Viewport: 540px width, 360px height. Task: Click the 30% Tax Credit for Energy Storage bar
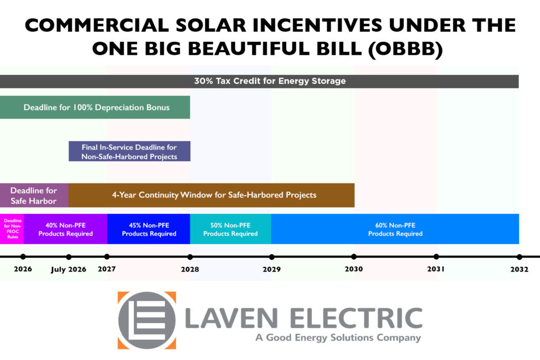(269, 81)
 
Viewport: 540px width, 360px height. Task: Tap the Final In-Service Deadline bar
(129, 151)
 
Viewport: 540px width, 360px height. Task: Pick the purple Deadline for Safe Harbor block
(34, 195)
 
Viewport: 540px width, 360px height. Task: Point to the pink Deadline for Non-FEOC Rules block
(12, 229)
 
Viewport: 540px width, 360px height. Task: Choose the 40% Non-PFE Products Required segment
(65, 229)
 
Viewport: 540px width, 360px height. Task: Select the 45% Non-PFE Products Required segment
(149, 229)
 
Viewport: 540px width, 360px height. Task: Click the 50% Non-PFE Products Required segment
(230, 229)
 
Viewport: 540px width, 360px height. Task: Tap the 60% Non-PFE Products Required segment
(395, 229)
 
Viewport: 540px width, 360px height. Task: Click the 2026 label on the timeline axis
(23, 269)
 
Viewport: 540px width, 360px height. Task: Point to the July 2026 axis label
(69, 269)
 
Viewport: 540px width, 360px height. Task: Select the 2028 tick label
(190, 269)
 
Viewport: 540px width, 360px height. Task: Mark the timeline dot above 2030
(354, 257)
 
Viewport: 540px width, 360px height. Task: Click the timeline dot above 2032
(519, 257)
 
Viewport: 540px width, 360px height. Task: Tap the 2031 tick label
(436, 269)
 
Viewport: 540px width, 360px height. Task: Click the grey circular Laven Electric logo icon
(147, 320)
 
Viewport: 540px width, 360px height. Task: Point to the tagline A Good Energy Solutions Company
(338, 338)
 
